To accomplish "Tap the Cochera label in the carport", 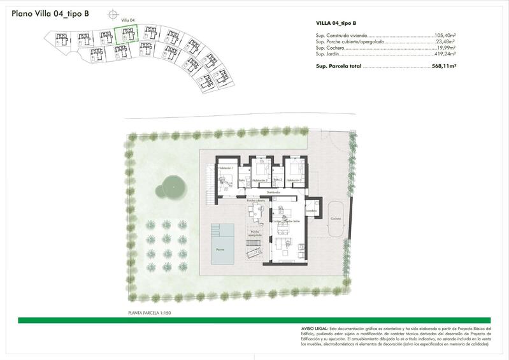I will click(335, 218).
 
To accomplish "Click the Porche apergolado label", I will click(256, 234).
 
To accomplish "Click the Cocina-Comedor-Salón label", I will click(285, 220).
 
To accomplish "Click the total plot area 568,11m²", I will click(444, 65).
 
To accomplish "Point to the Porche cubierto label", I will click(256, 200).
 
